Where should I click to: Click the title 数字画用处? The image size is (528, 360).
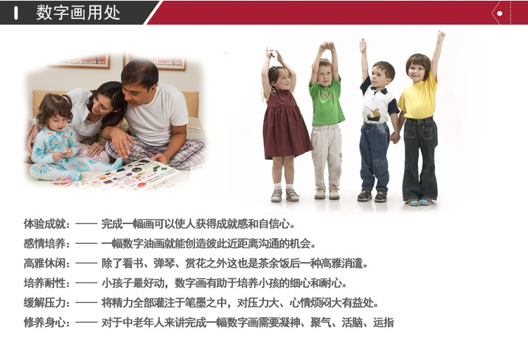tap(78, 13)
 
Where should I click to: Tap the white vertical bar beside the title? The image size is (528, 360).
tap(15, 13)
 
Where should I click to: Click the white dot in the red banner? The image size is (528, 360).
tap(500, 13)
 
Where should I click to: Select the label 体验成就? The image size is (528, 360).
tap(44, 224)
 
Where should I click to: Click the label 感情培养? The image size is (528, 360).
tap(44, 243)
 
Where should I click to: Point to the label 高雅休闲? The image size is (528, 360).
tap(44, 263)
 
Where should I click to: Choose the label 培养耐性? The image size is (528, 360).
tap(44, 283)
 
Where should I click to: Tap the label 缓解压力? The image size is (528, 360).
tap(44, 303)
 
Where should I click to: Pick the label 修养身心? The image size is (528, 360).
tap(44, 323)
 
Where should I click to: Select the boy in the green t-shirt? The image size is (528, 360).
tap(326, 121)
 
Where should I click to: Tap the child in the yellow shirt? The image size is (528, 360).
tap(420, 121)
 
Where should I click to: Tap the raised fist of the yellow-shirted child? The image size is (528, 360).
tap(441, 35)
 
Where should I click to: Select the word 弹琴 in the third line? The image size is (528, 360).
tap(164, 263)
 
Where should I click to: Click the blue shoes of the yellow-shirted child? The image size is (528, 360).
tap(420, 202)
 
